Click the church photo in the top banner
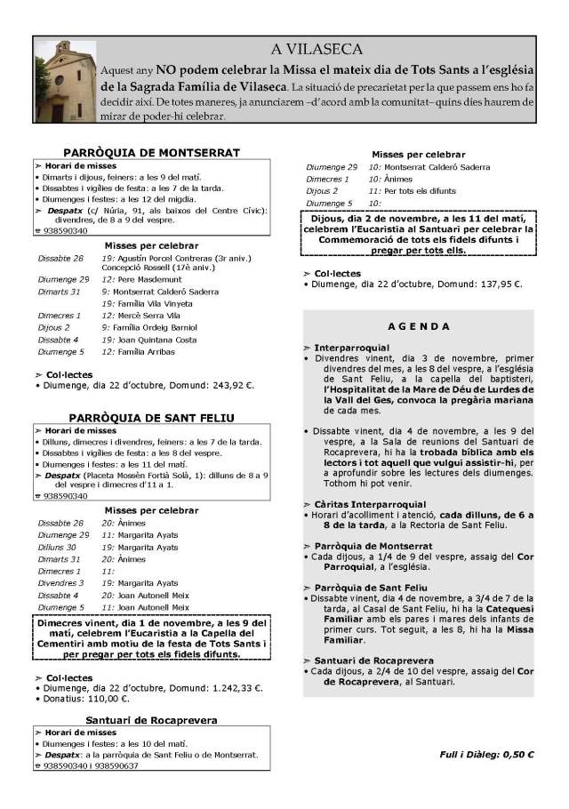click(63, 81)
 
